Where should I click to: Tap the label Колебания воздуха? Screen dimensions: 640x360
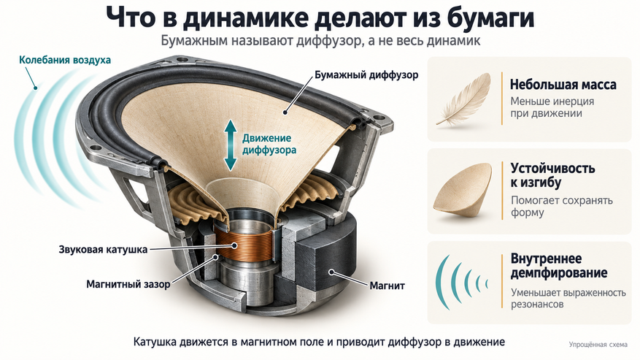pyautogui.click(x=65, y=60)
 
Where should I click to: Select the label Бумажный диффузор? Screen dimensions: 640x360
pyautogui.click(x=366, y=75)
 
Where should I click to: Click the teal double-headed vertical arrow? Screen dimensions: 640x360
pyautogui.click(x=231, y=145)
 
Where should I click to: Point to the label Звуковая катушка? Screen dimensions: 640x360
pyautogui.click(x=103, y=250)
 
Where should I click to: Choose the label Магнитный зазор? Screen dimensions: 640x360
pyautogui.click(x=128, y=284)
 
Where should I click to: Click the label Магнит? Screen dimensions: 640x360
pyautogui.click(x=387, y=286)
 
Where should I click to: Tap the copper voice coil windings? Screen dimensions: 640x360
pyautogui.click(x=244, y=245)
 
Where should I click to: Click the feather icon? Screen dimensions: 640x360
pyautogui.click(x=463, y=99)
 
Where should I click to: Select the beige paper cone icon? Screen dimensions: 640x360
pyautogui.click(x=463, y=193)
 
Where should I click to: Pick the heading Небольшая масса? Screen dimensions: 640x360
pyautogui.click(x=563, y=85)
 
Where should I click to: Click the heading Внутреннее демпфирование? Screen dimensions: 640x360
pyautogui.click(x=559, y=266)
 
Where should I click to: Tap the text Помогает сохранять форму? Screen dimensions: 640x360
pyautogui.click(x=562, y=207)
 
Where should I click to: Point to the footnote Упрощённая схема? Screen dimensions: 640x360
pyautogui.click(x=598, y=345)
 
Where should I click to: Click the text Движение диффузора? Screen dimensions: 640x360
pyautogui.click(x=269, y=145)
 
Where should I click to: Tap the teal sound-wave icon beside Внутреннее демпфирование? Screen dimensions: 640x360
pyautogui.click(x=461, y=283)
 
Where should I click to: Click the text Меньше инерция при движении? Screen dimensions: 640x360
pyautogui.click(x=552, y=107)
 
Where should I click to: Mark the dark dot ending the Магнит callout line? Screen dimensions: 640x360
pyautogui.click(x=332, y=271)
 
